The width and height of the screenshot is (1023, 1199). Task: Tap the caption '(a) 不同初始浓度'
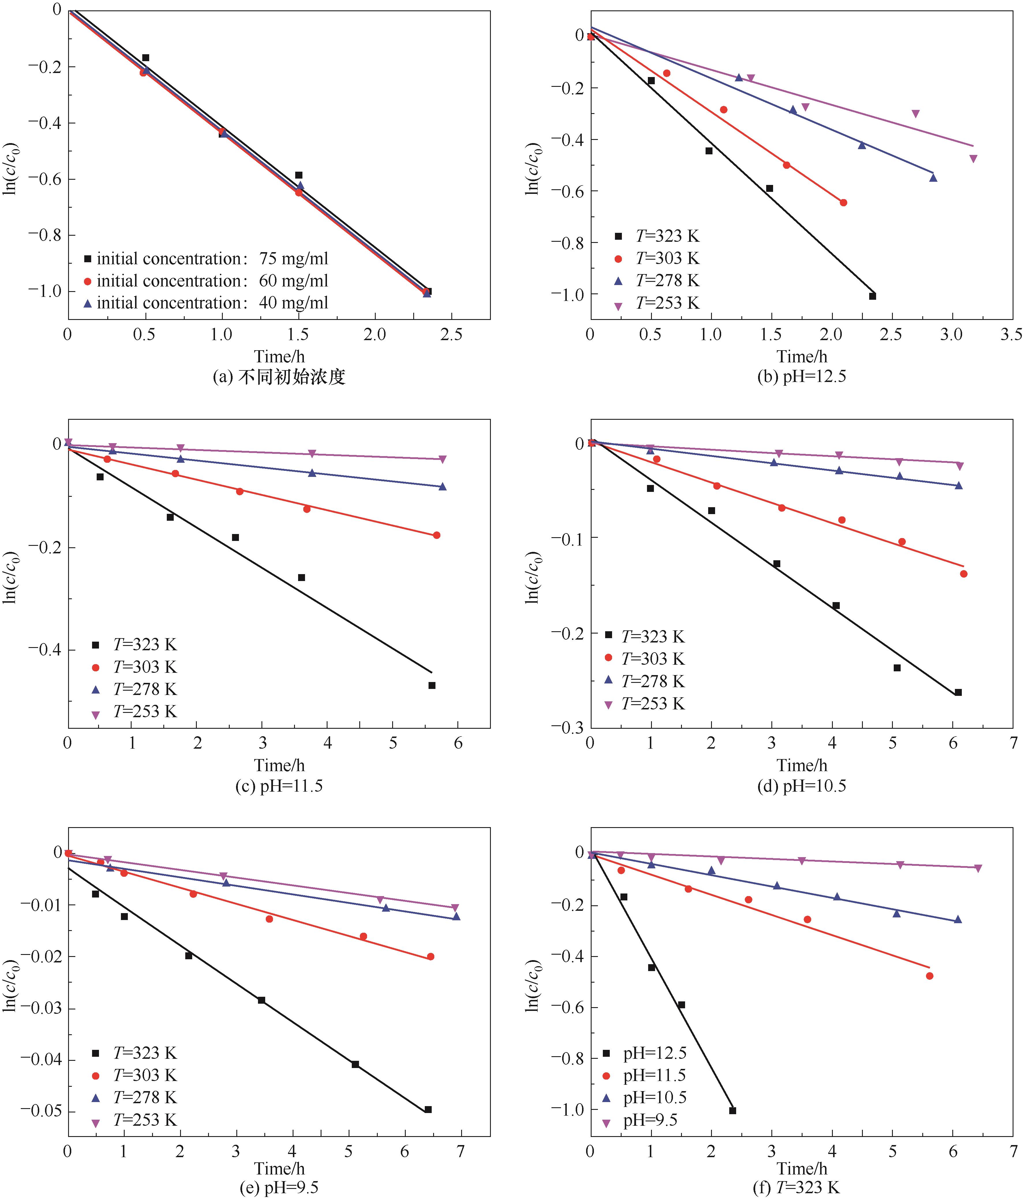point(279,377)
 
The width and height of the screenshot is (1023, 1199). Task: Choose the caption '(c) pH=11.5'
point(279,786)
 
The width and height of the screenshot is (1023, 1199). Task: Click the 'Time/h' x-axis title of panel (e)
point(279,1168)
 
